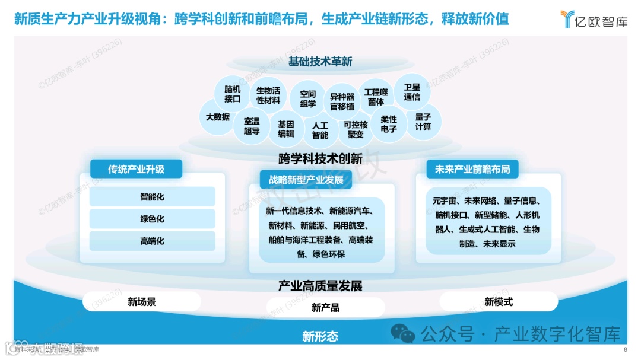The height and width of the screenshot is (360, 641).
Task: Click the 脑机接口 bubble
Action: point(232,94)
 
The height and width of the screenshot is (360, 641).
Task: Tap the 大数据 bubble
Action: point(217,117)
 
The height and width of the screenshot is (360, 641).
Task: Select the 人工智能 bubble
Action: point(320,130)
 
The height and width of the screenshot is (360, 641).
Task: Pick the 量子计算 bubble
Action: point(423,122)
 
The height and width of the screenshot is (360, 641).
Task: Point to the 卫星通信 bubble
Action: point(412,92)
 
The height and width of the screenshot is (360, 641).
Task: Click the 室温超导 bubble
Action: point(252,126)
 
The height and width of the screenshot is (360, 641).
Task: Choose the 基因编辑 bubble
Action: point(286,129)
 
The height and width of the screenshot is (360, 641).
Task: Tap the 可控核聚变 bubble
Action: point(356,129)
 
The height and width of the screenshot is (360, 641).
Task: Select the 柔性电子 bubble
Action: point(389,124)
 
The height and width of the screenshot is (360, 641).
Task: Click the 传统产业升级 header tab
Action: point(136,169)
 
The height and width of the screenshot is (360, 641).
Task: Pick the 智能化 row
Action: point(152,196)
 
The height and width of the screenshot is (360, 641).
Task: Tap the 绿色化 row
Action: point(152,219)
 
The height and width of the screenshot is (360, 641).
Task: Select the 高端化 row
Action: point(152,241)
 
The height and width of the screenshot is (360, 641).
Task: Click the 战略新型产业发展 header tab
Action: point(306,179)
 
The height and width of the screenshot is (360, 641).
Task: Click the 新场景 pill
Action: point(142,302)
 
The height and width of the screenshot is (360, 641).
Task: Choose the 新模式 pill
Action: point(499,302)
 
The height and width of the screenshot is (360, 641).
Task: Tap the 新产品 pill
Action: point(325,307)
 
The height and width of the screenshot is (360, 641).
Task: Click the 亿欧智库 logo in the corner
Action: point(593,20)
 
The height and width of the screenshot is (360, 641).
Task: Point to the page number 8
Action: point(625,349)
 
